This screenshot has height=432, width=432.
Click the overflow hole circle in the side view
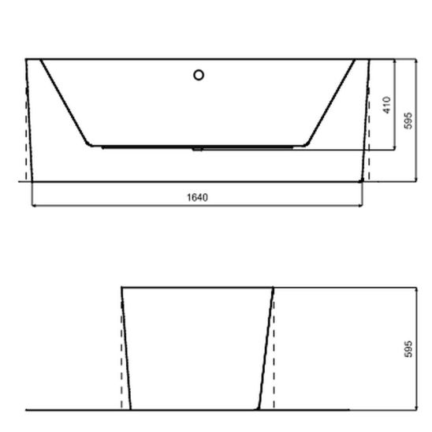(199, 75)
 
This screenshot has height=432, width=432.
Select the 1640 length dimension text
(198, 197)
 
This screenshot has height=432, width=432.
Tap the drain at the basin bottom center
(198, 147)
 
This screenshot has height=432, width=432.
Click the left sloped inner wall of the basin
(64, 102)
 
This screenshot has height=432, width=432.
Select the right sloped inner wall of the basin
(331, 102)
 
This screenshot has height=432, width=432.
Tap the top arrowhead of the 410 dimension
(394, 61)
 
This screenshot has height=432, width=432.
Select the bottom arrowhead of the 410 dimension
(394, 147)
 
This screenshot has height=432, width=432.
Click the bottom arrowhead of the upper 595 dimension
(415, 179)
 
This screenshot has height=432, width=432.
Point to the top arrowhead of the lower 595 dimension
(415, 290)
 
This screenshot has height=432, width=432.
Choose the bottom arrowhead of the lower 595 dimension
(415, 407)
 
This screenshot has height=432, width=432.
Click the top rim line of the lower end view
(197, 288)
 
